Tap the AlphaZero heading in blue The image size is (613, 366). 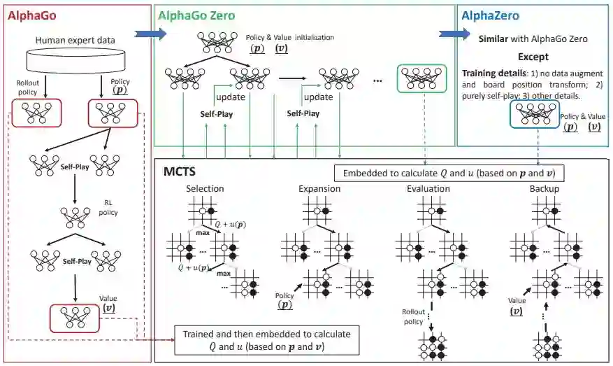489,13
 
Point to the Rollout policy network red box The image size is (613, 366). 37,113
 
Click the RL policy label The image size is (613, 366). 105,209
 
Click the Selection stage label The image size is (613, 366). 205,189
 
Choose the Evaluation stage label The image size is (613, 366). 428,189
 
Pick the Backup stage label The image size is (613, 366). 544,189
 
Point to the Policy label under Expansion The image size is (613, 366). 286,297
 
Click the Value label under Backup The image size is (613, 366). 516,302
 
